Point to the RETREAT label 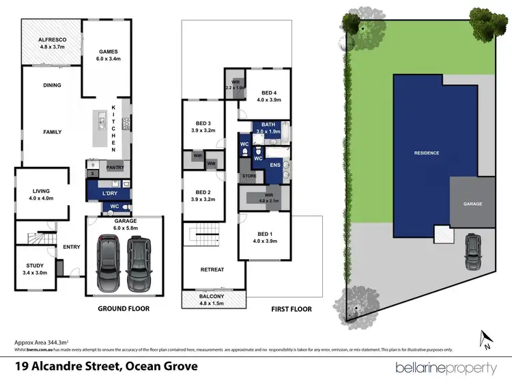212,269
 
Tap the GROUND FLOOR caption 124,309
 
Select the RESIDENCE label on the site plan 427,152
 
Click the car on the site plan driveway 471,252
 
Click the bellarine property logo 446,368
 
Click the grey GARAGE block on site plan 472,203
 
